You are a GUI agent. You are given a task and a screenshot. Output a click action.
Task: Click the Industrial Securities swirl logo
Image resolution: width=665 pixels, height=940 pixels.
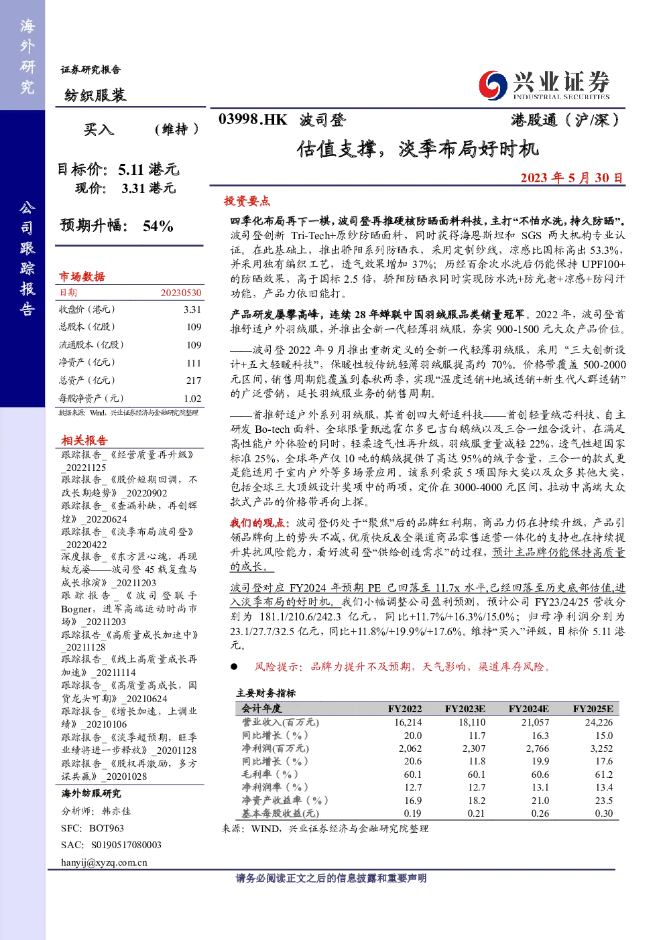(493, 85)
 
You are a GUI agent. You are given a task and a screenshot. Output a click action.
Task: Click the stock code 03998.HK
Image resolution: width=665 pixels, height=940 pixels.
(253, 120)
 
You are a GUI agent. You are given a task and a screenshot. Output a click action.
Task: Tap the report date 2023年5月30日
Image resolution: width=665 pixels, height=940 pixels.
(572, 178)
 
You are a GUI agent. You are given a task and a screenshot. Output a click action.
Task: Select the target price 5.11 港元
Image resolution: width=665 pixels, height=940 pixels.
(149, 169)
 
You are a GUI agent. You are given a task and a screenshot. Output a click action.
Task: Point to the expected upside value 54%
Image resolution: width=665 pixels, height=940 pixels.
(158, 226)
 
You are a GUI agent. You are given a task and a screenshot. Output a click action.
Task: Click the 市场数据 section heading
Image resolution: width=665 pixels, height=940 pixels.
(82, 277)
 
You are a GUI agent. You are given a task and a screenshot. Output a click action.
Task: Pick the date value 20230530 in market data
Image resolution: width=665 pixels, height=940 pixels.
(181, 293)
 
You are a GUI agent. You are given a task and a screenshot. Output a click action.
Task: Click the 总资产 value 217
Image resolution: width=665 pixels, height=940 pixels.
(194, 380)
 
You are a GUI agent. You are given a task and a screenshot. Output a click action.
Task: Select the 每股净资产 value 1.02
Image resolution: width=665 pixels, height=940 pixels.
(192, 398)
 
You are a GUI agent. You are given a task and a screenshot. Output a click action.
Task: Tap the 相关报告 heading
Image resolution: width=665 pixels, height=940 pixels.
(84, 440)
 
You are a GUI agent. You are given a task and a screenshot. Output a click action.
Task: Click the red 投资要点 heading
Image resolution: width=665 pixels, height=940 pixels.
(247, 201)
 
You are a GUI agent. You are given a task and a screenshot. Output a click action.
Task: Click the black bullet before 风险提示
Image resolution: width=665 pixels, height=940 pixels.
(234, 667)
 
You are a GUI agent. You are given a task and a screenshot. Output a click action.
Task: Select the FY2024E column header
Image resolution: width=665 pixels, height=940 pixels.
(528, 709)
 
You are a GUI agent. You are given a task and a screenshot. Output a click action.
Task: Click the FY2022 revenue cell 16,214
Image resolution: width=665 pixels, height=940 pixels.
(408, 722)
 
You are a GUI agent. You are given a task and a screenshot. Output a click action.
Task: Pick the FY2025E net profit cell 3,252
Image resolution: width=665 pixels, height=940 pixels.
(601, 748)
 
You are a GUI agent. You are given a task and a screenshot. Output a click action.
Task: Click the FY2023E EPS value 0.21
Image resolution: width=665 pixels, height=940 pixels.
(476, 813)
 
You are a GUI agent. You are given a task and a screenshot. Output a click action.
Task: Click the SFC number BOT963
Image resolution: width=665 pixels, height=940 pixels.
(106, 828)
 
